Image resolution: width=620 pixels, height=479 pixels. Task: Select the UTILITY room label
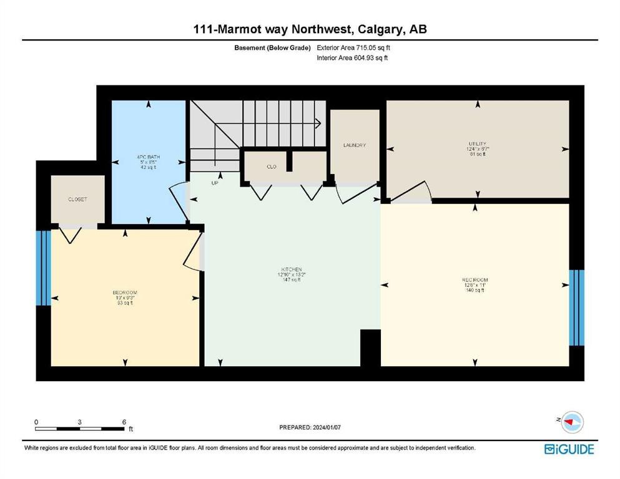pyautogui.click(x=477, y=143)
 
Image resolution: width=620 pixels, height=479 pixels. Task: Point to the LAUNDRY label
pyautogui.click(x=354, y=145)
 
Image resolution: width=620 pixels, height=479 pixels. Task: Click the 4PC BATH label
pyautogui.click(x=147, y=156)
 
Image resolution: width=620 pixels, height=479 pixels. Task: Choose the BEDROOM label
pyautogui.click(x=124, y=293)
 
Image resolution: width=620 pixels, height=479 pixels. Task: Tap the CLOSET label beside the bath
pyautogui.click(x=77, y=200)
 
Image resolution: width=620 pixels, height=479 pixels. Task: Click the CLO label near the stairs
pyautogui.click(x=272, y=167)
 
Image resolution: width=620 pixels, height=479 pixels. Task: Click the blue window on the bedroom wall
pyautogui.click(x=42, y=268)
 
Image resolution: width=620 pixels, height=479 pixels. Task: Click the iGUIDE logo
pyautogui.click(x=569, y=449)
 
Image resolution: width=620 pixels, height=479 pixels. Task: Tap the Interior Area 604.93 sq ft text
pyautogui.click(x=352, y=58)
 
